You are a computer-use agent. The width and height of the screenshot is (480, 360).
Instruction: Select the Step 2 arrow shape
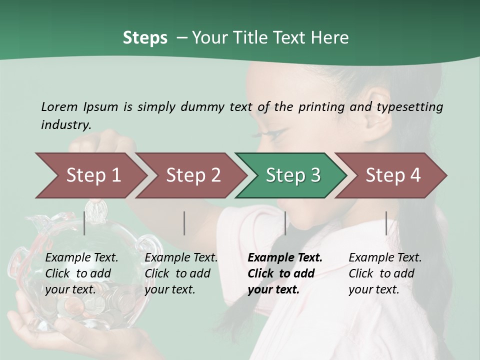click(190, 175)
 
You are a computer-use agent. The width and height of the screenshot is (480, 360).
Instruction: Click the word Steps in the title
click(145, 38)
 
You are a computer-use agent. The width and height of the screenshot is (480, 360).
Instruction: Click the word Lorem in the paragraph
click(59, 106)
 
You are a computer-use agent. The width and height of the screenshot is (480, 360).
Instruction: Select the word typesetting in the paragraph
click(409, 107)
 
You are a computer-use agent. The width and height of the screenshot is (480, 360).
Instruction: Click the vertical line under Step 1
click(84, 223)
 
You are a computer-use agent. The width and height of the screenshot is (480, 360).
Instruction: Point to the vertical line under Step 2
click(184, 223)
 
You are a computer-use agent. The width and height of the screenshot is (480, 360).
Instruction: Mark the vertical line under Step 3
click(285, 223)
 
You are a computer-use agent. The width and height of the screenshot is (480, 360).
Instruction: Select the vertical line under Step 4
click(386, 223)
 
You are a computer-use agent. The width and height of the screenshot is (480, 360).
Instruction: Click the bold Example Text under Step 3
click(285, 258)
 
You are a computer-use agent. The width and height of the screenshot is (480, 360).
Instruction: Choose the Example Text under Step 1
click(81, 258)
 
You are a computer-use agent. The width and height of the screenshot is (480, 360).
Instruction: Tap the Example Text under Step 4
click(385, 258)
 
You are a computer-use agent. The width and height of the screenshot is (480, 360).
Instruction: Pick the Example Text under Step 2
click(181, 258)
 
